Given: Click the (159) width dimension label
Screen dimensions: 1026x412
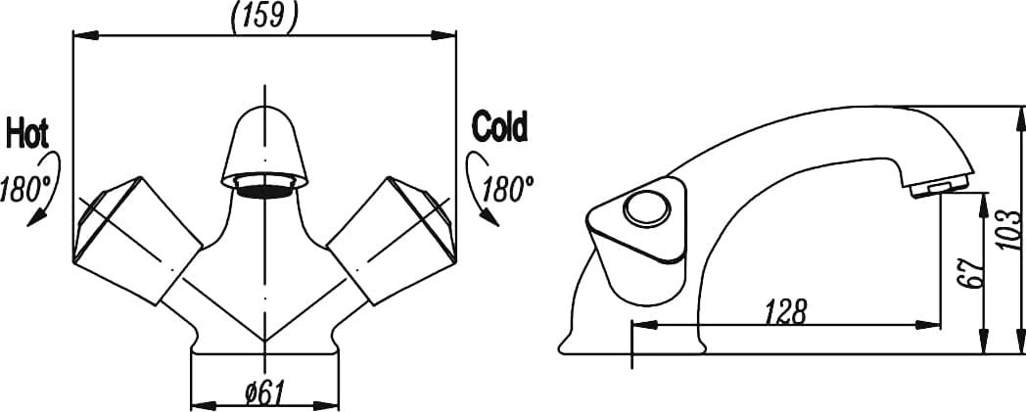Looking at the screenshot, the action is [264, 16].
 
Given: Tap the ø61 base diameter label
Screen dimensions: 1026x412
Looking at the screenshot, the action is [265, 393].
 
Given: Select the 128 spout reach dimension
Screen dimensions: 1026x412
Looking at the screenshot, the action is [786, 311].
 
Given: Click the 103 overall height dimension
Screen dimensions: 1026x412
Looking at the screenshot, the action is [1011, 230].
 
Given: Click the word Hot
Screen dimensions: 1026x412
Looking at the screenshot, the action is [27, 134].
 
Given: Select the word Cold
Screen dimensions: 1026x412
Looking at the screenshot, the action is [499, 127].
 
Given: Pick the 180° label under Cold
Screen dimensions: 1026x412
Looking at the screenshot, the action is [508, 188].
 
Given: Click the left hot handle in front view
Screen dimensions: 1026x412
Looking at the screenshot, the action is [136, 240].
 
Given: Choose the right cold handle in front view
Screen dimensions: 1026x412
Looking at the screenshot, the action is [392, 240].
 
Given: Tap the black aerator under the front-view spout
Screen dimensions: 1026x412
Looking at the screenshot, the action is [264, 191].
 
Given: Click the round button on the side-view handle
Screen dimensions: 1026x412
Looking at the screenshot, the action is [646, 209].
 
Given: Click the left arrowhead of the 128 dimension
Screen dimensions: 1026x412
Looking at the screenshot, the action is [644, 325].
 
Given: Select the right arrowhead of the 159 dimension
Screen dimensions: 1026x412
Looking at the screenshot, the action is [443, 34].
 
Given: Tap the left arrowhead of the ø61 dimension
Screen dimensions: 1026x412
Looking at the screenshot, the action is [204, 405].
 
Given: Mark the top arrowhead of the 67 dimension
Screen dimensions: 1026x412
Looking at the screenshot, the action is [984, 205].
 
